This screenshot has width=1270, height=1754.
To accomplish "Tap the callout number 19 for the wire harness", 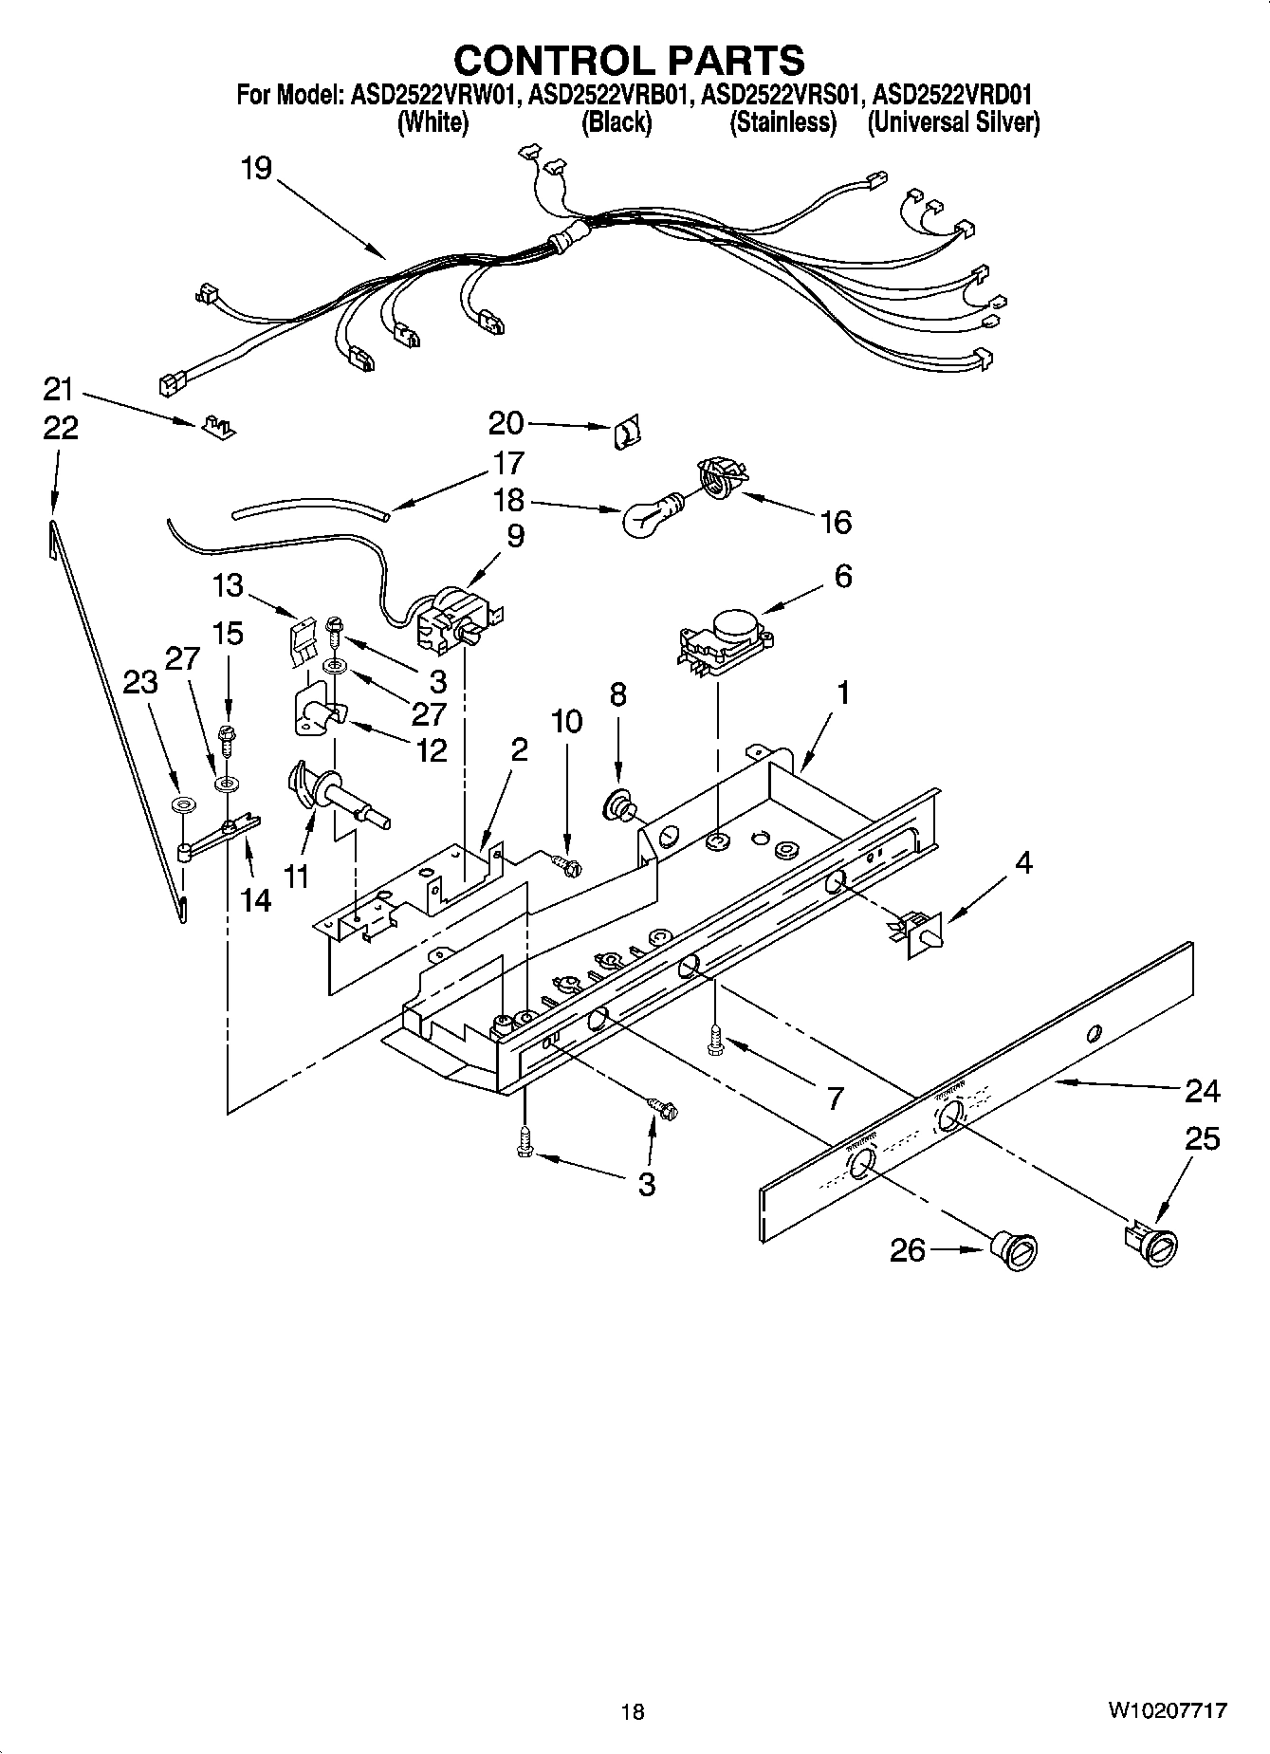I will (255, 169).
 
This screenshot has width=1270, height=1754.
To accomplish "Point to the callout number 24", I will (1202, 1091).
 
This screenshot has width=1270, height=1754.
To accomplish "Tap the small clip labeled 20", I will (625, 434).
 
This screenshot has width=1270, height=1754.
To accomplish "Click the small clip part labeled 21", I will (219, 427).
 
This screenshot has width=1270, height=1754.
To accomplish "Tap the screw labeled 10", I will (566, 863).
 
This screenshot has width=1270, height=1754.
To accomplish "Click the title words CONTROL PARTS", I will (629, 60).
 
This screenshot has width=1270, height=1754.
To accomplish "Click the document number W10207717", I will (1165, 1711).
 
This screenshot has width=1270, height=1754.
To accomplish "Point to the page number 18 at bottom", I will (633, 1711).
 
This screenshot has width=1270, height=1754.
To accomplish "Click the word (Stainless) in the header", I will (782, 122).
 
